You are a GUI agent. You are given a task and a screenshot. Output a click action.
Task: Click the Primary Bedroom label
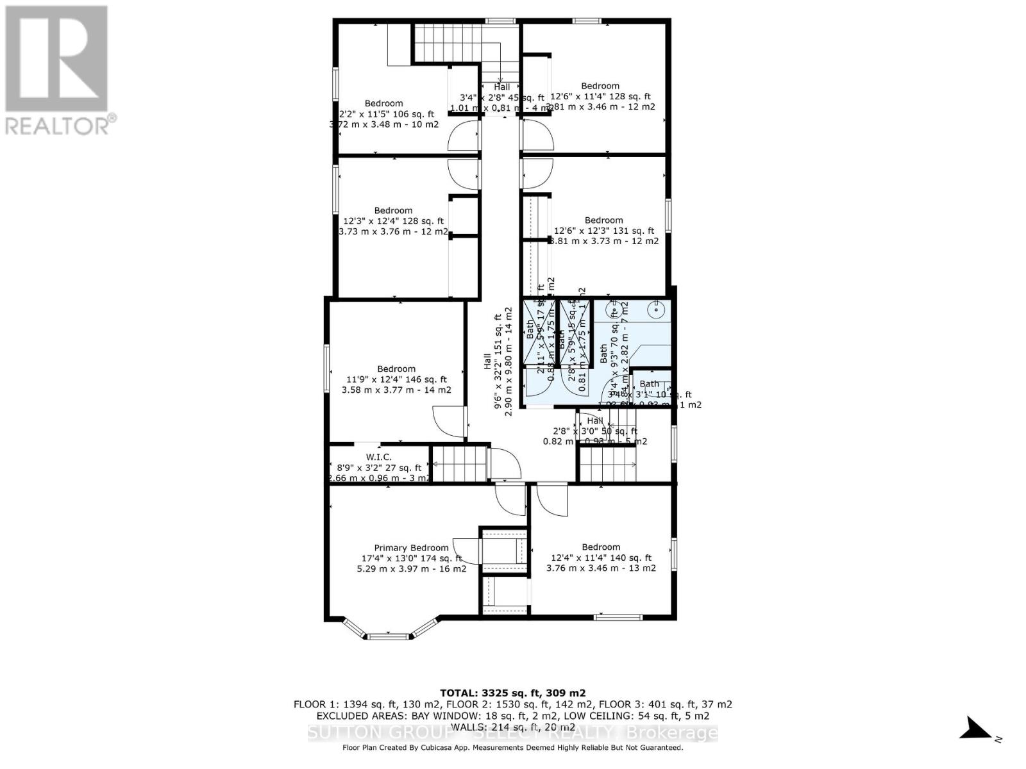point(411,547)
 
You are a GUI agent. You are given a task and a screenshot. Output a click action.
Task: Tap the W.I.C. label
point(378,457)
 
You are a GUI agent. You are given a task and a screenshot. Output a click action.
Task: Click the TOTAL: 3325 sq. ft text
point(512,693)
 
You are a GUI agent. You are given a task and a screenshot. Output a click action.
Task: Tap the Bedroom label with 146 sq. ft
point(396,368)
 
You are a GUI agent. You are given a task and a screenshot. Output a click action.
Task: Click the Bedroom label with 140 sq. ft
point(601,547)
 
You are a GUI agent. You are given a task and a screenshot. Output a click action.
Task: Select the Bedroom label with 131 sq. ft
point(603,220)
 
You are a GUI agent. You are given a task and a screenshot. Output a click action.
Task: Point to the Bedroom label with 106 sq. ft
point(383,103)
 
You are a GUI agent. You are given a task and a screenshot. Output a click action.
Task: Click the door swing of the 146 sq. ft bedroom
point(449,423)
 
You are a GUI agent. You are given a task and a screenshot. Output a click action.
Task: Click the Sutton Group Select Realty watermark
point(512,732)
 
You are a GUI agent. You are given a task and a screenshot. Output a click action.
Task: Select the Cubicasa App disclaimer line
point(512,747)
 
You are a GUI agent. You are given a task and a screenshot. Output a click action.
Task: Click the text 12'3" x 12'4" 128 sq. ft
point(393,221)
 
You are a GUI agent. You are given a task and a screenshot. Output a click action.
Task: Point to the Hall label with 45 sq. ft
point(501,87)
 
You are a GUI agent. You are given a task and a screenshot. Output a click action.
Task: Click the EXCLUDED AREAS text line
point(512,715)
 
